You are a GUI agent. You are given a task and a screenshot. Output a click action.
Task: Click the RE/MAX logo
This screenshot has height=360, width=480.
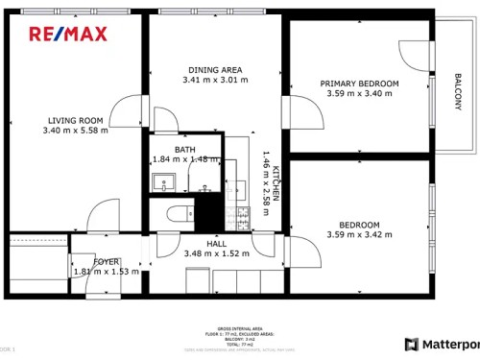tap(67, 35)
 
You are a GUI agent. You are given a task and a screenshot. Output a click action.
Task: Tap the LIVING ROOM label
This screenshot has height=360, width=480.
tap(76, 120)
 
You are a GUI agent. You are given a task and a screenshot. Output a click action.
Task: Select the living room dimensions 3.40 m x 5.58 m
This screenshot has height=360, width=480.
tap(76, 131)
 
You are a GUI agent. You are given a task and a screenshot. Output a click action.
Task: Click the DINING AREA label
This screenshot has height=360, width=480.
tap(215, 70)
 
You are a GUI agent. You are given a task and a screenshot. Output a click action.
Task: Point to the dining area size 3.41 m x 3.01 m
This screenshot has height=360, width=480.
tap(215, 81)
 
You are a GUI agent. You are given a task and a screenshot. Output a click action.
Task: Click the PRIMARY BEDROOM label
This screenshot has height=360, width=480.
tap(359, 84)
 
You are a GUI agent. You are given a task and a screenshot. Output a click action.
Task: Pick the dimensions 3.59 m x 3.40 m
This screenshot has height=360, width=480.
tap(359, 94)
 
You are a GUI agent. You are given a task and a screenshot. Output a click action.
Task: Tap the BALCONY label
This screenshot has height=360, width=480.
tap(458, 92)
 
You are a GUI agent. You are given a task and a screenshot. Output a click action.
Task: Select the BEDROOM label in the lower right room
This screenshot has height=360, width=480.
tap(359, 224)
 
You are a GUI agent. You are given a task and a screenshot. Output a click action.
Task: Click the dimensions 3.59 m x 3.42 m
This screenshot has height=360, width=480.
tap(359, 234)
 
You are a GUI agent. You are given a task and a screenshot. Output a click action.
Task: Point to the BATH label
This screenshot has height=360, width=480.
tap(185, 149)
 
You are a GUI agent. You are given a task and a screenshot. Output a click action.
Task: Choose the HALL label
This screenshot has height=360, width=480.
tap(216, 243)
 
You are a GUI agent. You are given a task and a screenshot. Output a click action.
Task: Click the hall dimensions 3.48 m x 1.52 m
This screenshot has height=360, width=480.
tap(216, 253)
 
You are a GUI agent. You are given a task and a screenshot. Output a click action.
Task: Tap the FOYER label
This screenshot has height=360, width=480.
tap(106, 261)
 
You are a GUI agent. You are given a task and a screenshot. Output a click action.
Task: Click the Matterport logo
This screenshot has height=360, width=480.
tap(442, 345)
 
